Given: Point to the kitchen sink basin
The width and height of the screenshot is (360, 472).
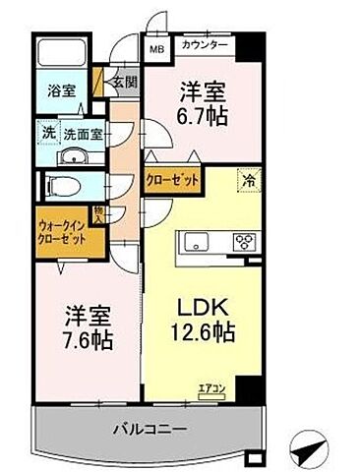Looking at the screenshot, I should pos(194,242).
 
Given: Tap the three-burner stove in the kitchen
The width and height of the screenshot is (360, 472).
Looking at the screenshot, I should pos(242,242).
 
